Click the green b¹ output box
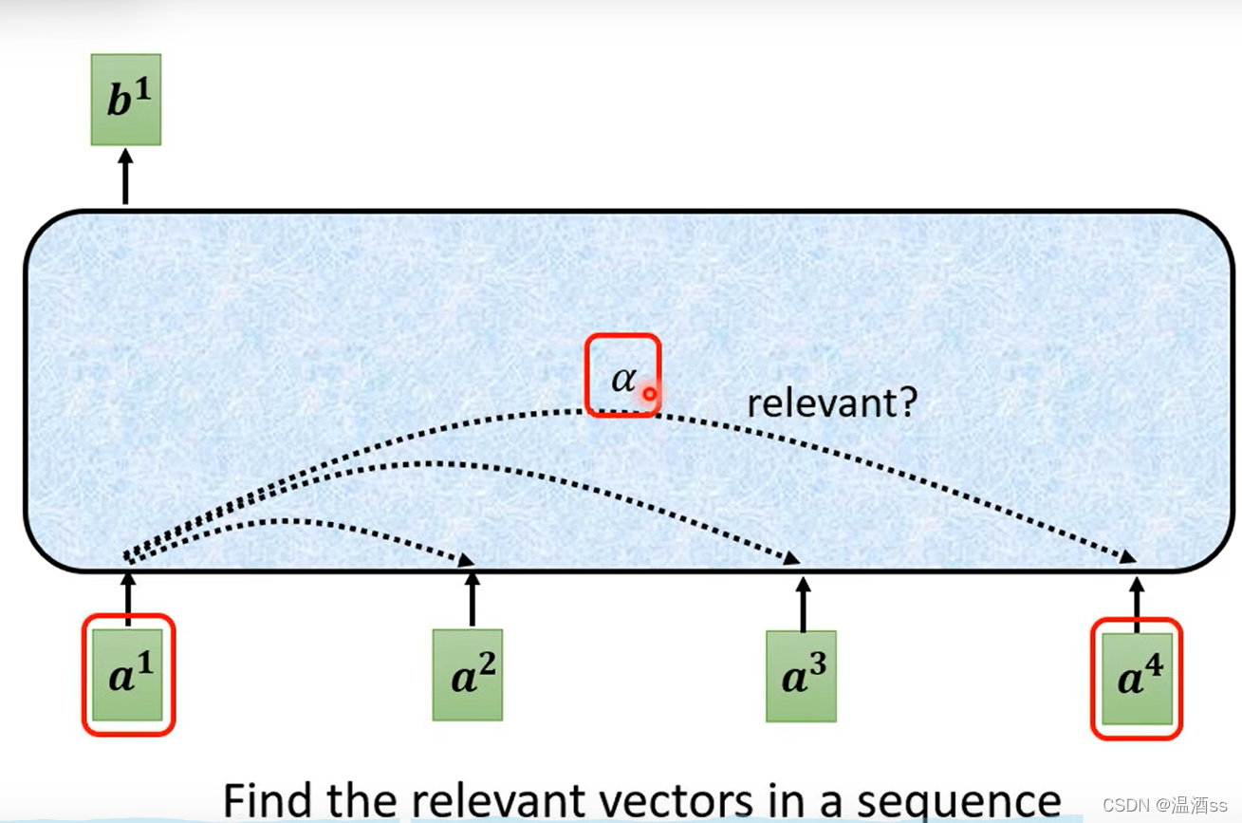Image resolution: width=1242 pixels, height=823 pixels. pyautogui.click(x=125, y=100)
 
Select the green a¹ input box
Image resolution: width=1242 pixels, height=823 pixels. pyautogui.click(x=128, y=674)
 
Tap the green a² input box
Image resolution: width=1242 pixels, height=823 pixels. pyautogui.click(x=468, y=675)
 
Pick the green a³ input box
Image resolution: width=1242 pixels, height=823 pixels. pyautogui.click(x=802, y=676)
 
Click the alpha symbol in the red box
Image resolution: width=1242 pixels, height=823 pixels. pyautogui.click(x=623, y=378)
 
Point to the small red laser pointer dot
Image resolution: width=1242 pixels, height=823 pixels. pyautogui.click(x=649, y=393)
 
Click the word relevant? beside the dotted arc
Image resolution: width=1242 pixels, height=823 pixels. pyautogui.click(x=831, y=403)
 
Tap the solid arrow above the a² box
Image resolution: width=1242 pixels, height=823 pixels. pyautogui.click(x=473, y=599)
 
